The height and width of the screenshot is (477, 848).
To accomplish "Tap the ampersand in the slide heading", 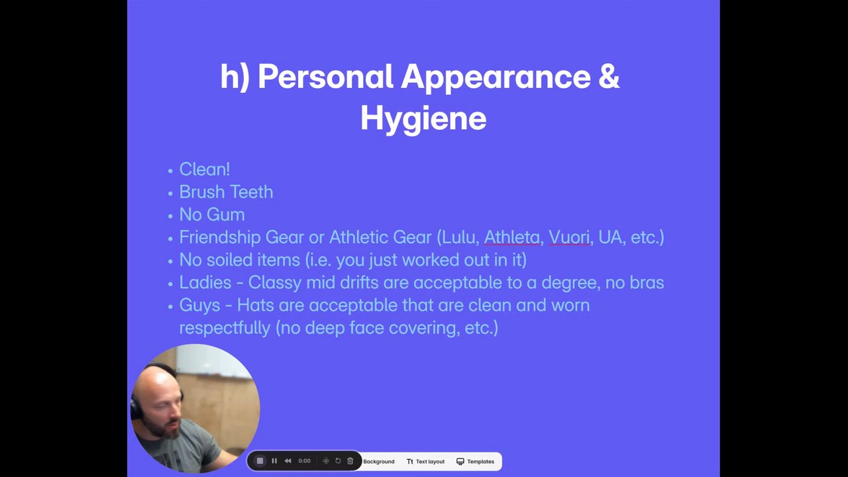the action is click(x=609, y=76).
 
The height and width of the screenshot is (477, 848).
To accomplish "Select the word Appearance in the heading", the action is click(x=496, y=78).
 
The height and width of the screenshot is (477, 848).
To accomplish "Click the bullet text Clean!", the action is click(x=205, y=169).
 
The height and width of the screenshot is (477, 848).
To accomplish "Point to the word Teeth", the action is click(x=252, y=192).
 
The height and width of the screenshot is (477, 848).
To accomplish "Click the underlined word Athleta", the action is click(x=512, y=237).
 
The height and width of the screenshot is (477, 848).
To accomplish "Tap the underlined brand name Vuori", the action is click(x=569, y=237).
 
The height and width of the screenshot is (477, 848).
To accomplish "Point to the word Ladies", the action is click(x=205, y=283).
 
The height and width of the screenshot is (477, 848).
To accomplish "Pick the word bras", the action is click(x=647, y=283).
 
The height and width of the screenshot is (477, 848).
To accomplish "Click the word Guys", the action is click(x=199, y=306).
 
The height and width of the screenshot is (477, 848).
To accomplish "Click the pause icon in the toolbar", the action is click(x=274, y=460).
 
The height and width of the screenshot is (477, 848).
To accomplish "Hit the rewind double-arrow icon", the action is click(x=288, y=460).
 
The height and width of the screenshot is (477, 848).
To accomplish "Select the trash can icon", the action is click(x=350, y=460).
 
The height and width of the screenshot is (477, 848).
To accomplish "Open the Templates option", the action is click(x=475, y=462).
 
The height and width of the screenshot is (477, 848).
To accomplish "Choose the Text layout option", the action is click(x=425, y=462).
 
